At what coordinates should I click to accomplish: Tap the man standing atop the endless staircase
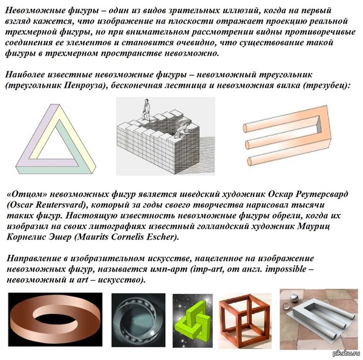click(x=146, y=110)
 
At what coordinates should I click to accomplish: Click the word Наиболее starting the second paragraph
click(x=25, y=75)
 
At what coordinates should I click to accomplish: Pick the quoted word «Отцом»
click(x=27, y=194)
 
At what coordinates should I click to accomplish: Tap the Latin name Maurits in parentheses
click(x=95, y=237)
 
